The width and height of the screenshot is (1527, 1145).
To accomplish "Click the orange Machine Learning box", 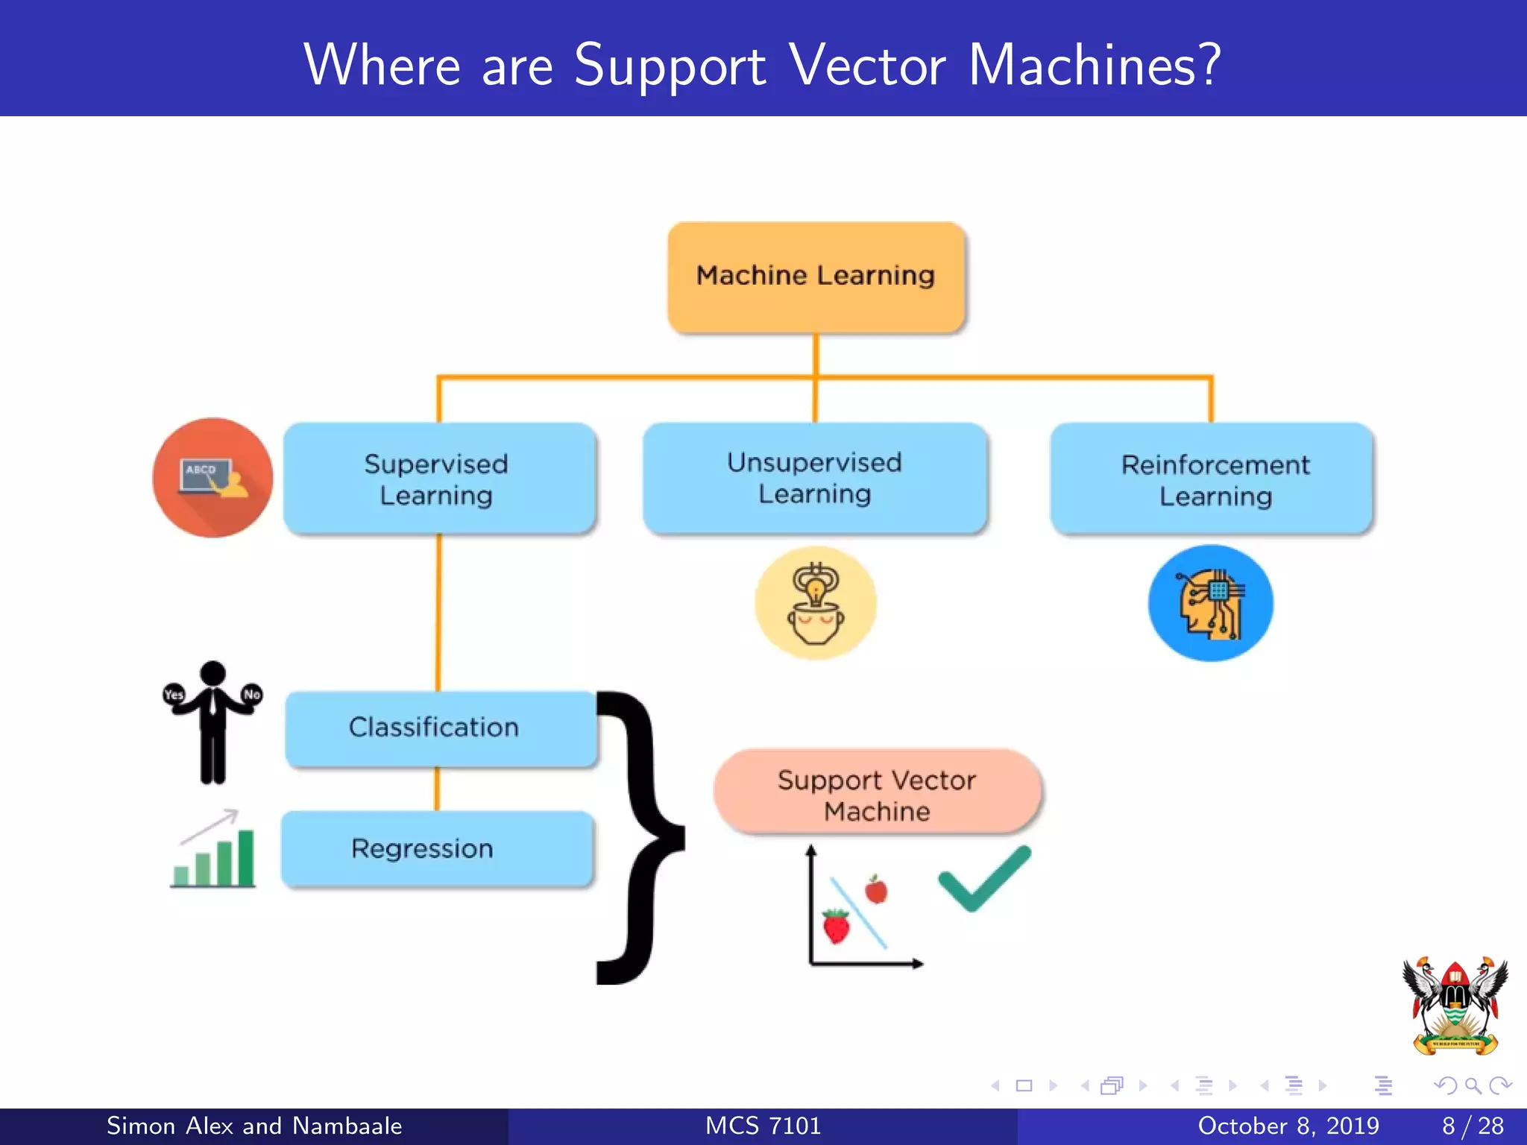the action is [816, 277].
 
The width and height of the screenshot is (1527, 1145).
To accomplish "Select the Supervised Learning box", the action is [439, 479].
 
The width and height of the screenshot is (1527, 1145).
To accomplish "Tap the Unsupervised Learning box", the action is [815, 478].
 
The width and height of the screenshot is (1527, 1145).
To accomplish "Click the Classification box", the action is [440, 728].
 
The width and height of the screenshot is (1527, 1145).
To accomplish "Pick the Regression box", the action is [437, 848].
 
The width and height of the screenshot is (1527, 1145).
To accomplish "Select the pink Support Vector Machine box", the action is [877, 793].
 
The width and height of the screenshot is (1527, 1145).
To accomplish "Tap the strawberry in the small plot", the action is [836, 926].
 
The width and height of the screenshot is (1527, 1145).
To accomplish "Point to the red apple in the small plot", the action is [876, 890].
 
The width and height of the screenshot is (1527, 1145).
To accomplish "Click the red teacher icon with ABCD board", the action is [212, 478].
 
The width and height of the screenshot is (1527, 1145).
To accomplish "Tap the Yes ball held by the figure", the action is [173, 694].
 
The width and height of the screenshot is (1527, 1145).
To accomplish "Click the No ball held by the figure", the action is [252, 694].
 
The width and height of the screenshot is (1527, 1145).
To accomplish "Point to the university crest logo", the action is [1455, 1006].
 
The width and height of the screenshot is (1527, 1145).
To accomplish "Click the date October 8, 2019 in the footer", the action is [1288, 1126].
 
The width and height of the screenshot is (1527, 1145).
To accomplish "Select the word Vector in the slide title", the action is [867, 66].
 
